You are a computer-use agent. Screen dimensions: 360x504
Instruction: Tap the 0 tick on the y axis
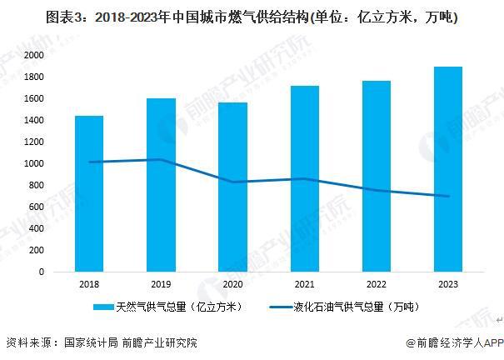point(40,272)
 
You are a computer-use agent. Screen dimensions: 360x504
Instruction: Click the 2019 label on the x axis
point(161,284)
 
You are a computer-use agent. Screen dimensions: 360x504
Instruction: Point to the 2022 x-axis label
point(377,284)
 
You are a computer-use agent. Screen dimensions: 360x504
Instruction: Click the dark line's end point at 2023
point(448,197)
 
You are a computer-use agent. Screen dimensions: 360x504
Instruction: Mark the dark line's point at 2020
point(232,182)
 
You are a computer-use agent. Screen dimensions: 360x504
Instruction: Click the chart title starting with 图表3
point(251,16)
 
